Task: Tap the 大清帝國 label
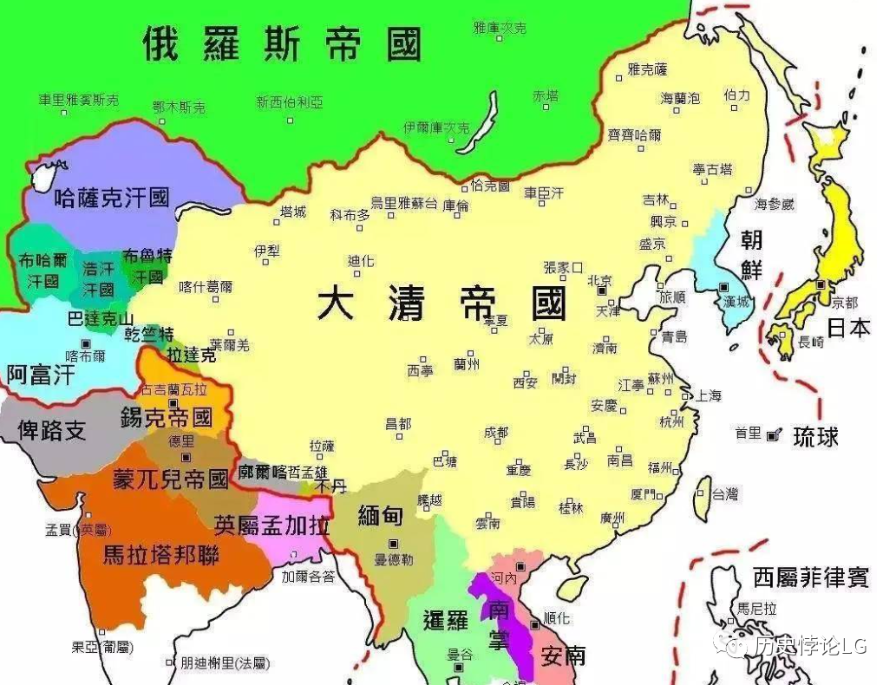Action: pyautogui.click(x=442, y=303)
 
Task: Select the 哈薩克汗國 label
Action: pyautogui.click(x=111, y=197)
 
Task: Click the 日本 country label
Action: pyautogui.click(x=848, y=328)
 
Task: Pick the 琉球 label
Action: pyautogui.click(x=815, y=437)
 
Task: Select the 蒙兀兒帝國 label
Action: pyautogui.click(x=170, y=479)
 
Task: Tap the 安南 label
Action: pyautogui.click(x=562, y=655)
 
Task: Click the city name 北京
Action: pyautogui.click(x=599, y=280)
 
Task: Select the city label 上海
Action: pyautogui.click(x=707, y=395)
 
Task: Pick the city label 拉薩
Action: pyautogui.click(x=321, y=446)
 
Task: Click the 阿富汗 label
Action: pyautogui.click(x=41, y=375)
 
